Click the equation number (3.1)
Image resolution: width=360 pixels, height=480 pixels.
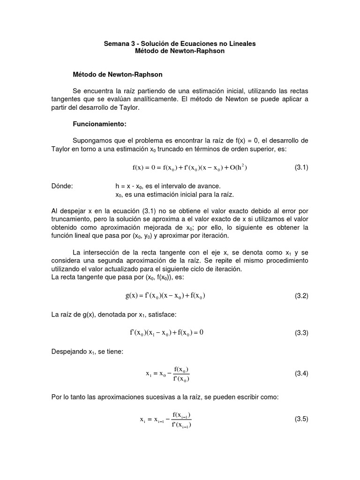click(x=301, y=168)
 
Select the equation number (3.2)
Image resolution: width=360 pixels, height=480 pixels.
click(x=301, y=296)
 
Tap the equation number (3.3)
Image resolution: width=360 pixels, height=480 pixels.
click(x=301, y=333)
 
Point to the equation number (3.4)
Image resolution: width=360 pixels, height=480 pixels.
click(x=301, y=374)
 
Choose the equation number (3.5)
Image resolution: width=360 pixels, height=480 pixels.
click(x=301, y=420)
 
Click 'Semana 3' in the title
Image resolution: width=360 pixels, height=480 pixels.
click(x=119, y=43)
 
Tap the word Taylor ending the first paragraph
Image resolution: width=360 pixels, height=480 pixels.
click(x=114, y=107)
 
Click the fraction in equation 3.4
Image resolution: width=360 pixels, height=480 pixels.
click(x=181, y=374)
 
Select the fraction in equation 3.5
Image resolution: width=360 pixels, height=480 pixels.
click(x=181, y=420)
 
